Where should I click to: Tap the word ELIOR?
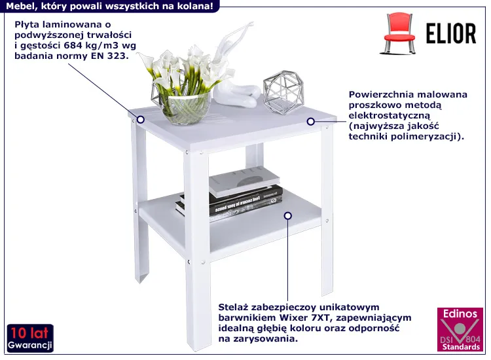point(451,33)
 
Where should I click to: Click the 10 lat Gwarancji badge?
point(30,338)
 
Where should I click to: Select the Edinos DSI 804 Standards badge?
point(460,329)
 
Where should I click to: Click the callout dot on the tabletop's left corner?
point(141,120)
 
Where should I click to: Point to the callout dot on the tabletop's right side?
point(310,122)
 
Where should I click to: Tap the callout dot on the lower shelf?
point(288,216)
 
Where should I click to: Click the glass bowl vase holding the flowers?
point(185,107)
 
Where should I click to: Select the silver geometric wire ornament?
point(283,92)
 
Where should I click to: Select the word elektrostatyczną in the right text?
point(390,115)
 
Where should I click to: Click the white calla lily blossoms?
point(187,69)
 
